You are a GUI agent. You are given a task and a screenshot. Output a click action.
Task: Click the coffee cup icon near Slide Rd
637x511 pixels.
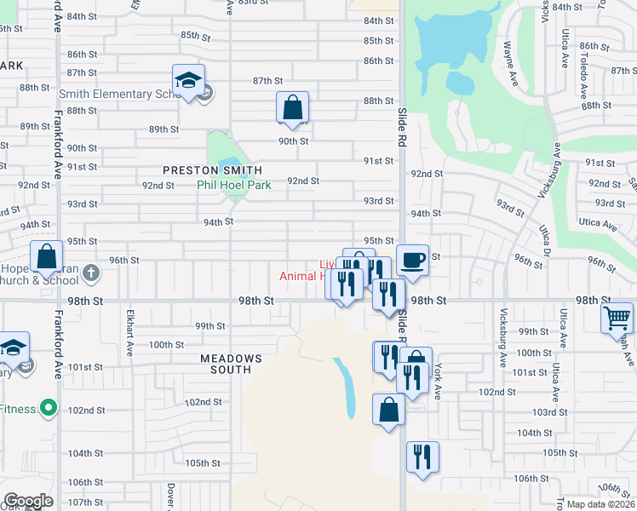coord(412,259)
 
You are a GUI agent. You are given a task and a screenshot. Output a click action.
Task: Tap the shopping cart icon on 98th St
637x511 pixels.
coord(617,319)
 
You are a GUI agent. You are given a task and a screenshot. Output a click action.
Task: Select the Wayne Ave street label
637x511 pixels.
coord(512,59)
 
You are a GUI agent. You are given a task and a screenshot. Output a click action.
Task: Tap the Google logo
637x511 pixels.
coord(28,501)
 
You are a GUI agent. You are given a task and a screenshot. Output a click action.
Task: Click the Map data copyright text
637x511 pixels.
coord(601,504)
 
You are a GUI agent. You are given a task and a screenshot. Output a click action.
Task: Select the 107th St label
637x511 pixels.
coord(86,502)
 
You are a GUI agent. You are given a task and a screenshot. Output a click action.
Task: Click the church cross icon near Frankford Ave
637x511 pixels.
coord(93,273)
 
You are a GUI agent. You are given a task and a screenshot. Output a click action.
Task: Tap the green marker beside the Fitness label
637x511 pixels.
coord(49,409)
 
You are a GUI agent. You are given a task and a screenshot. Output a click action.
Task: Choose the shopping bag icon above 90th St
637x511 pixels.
coord(292,107)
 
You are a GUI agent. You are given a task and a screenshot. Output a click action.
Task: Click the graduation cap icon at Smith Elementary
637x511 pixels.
coord(188,80)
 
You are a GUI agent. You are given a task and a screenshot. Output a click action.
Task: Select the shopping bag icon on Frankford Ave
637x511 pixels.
coord(46,256)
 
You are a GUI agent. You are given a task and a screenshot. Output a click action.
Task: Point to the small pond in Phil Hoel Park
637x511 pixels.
coord(228,164)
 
